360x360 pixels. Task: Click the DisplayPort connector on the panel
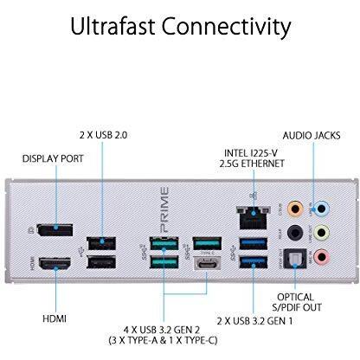pos(55,229)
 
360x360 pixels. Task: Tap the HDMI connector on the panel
pos(55,264)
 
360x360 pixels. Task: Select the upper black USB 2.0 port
pos(101,243)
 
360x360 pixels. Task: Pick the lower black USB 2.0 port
pos(101,262)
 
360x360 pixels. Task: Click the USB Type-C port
pos(207,263)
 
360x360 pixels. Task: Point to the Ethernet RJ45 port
pos(254,217)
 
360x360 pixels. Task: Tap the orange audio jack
pos(295,209)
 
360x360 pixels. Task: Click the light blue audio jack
pos(322,209)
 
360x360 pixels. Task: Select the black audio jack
pos(295,233)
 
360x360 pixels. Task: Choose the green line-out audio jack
pos(322,233)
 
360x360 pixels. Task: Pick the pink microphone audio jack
pos(322,257)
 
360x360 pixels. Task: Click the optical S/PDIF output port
pos(295,259)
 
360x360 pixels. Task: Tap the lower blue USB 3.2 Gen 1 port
pos(254,262)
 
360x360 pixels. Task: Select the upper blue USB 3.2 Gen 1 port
pos(254,243)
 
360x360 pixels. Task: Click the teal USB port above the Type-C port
pos(207,243)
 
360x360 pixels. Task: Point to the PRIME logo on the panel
pos(164,209)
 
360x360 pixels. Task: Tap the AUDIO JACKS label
pos(312,136)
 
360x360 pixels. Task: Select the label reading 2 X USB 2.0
pos(103,135)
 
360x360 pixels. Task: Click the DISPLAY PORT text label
pos(53,158)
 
